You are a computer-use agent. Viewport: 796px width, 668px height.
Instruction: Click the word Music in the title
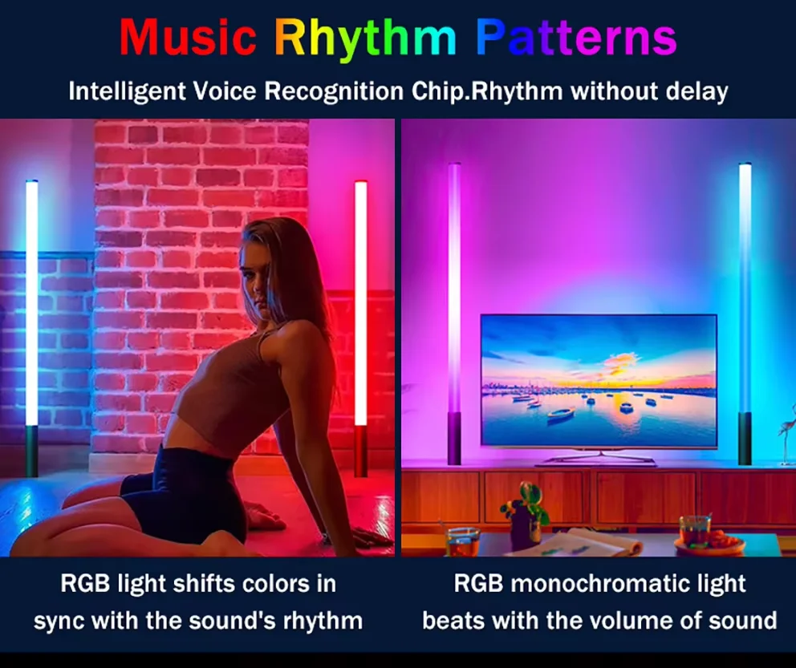point(188,37)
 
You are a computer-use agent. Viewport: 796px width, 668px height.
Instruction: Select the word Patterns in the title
point(577,37)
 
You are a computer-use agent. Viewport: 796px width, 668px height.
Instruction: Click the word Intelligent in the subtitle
point(128,91)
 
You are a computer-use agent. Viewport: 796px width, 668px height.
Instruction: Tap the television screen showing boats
point(599,381)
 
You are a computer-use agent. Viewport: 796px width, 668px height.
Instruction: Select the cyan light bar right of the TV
point(745,314)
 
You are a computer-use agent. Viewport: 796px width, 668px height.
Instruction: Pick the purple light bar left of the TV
point(454,314)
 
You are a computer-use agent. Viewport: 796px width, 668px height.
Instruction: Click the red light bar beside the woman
point(361,329)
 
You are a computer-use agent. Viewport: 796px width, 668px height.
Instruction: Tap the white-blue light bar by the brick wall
point(32,329)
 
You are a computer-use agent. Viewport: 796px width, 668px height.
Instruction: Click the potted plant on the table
point(526,512)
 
